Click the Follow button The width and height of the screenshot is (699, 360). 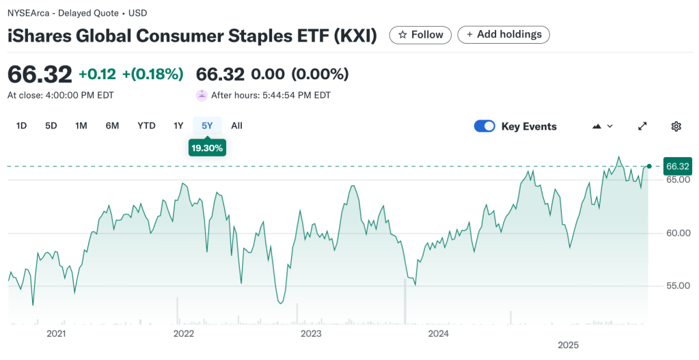420,35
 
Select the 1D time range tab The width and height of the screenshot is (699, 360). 21,126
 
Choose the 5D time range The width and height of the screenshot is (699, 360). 51,126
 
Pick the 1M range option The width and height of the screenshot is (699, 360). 81,126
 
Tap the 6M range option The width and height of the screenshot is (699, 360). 112,126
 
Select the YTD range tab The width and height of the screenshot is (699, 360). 146,126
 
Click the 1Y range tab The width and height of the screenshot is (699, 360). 178,126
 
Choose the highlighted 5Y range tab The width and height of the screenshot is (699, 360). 207,126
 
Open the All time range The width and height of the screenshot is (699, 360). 236,126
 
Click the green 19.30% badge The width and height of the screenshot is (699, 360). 207,148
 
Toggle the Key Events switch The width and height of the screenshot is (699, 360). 484,126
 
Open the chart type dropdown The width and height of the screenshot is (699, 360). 602,126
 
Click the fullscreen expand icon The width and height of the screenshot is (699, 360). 642,126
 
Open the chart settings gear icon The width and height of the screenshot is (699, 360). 676,126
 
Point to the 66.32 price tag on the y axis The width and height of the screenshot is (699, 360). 678,166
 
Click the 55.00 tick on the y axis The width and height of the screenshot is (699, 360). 678,286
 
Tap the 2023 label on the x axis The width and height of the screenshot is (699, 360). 311,334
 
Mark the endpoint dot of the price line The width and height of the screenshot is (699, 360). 649,166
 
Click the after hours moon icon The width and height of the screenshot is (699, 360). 202,96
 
